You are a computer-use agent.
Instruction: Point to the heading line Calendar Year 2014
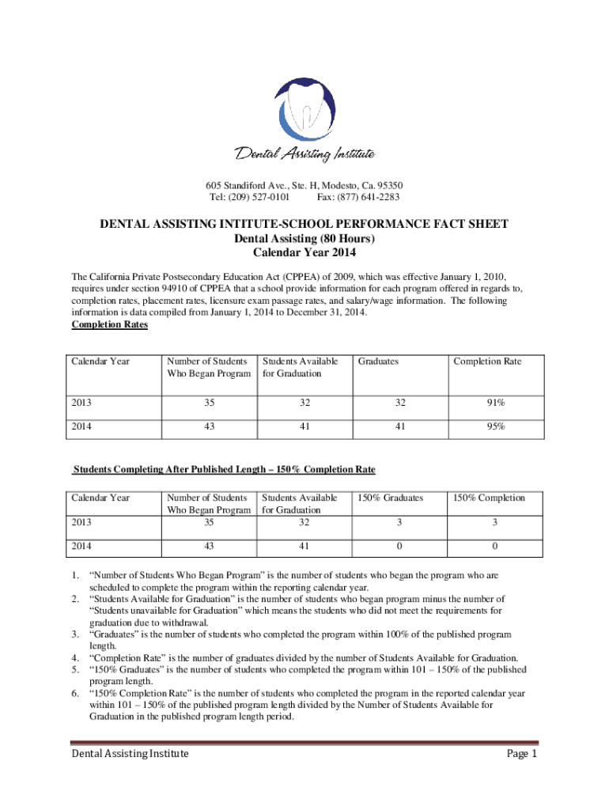pos(304,253)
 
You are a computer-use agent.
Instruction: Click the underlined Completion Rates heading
pos(110,324)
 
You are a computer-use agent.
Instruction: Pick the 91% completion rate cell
pos(496,403)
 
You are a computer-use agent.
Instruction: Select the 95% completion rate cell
pos(496,427)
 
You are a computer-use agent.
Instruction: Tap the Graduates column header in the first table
pos(378,361)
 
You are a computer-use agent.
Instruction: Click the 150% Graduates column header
pos(390,498)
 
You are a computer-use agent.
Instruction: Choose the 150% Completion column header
pos(489,498)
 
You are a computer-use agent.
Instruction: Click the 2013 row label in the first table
pos(81,403)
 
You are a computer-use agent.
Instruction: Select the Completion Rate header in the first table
pos(487,361)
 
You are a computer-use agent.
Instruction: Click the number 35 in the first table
pos(209,403)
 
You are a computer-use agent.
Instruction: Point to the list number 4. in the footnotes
pos(76,657)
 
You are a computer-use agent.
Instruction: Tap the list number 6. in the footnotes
pos(76,693)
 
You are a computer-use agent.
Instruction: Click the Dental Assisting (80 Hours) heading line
pos(304,239)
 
